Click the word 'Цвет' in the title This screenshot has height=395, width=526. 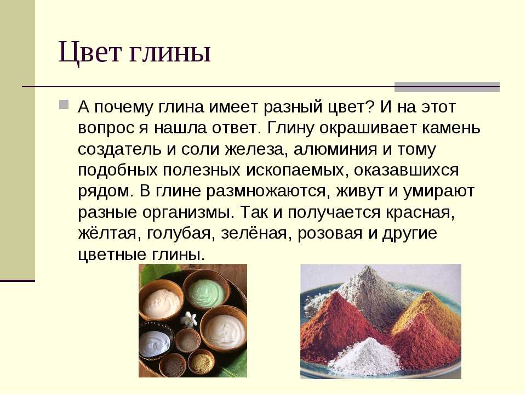pos(90,53)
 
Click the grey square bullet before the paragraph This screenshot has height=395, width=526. pos(64,104)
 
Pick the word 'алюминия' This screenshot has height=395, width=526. pos(335,149)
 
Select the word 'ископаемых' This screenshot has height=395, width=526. pos(295,171)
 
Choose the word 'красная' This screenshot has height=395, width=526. pos(420,213)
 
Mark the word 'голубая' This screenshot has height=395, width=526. pos(181,234)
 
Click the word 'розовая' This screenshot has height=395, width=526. pos(329,234)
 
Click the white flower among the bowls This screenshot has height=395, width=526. pos(188,319)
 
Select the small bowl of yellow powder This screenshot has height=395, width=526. pos(201,362)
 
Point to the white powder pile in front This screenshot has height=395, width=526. pos(365,356)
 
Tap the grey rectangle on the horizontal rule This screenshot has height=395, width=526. pos(447,87)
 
